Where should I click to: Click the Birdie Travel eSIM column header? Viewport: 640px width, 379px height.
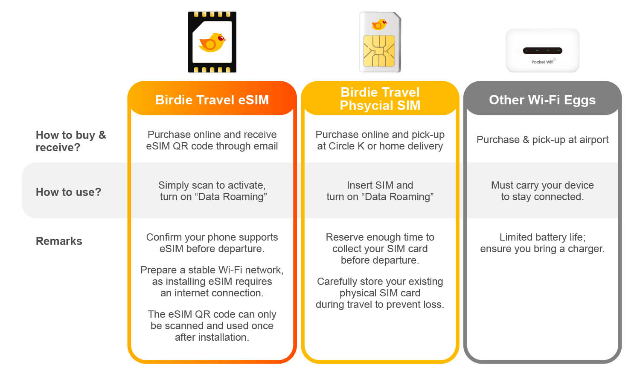(x=212, y=100)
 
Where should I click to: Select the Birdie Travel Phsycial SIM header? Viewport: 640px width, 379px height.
(x=380, y=99)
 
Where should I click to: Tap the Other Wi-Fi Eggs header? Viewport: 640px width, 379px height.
(x=542, y=100)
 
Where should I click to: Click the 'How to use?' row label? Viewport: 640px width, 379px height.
(x=69, y=192)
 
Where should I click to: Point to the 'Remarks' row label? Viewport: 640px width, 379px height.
(x=59, y=241)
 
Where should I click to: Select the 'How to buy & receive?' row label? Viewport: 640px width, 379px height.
(x=71, y=141)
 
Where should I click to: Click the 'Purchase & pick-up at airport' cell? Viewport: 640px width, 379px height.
(x=543, y=140)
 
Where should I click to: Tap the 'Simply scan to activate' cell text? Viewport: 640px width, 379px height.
(x=212, y=191)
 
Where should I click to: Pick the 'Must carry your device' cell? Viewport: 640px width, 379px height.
(x=542, y=191)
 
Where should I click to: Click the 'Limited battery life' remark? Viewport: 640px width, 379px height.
(x=542, y=243)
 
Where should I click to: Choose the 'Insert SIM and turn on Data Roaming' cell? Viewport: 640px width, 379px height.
(x=380, y=191)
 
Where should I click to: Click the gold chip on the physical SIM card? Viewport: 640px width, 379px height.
(x=379, y=51)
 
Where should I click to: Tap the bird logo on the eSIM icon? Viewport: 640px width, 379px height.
(x=212, y=43)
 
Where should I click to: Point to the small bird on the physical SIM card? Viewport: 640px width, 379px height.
(x=379, y=25)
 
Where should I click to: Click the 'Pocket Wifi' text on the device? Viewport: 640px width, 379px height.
(x=542, y=62)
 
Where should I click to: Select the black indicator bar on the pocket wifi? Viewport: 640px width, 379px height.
(x=542, y=51)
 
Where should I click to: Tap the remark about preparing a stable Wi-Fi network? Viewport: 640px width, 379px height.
(x=212, y=281)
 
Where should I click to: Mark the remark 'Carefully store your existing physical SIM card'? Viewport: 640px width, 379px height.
(x=380, y=293)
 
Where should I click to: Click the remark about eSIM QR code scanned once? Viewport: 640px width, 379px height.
(x=212, y=326)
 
